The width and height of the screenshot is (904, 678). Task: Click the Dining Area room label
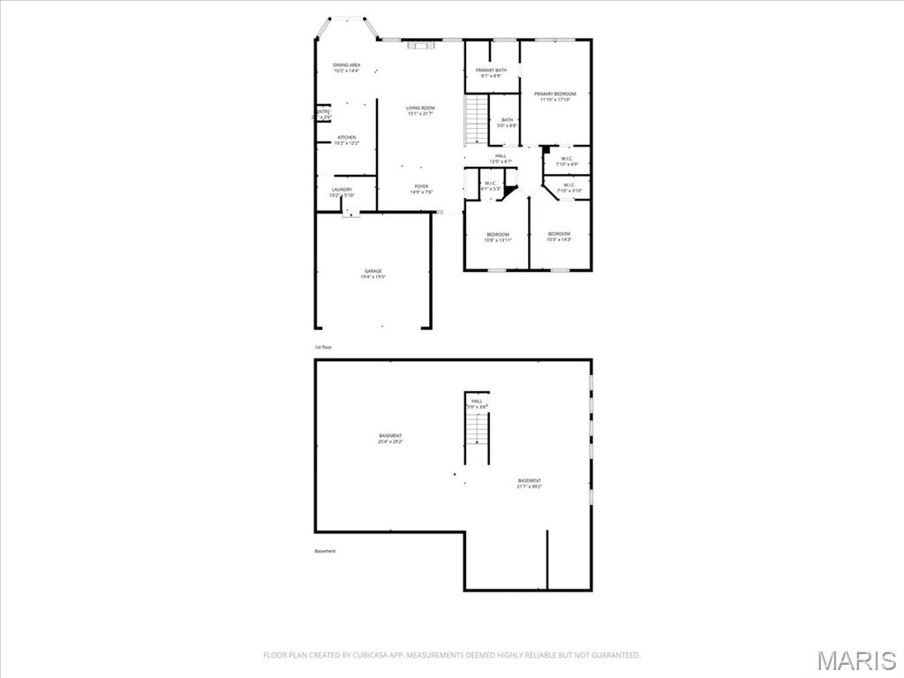pyautogui.click(x=346, y=68)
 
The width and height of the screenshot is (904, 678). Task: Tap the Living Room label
pyautogui.click(x=420, y=110)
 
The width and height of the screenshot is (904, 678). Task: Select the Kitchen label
pyautogui.click(x=346, y=139)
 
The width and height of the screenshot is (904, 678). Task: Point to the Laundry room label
pyautogui.click(x=343, y=192)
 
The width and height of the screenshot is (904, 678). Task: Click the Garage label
pyautogui.click(x=373, y=274)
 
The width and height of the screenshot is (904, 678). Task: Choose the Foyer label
pyautogui.click(x=421, y=188)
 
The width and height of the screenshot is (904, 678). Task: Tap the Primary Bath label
pyautogui.click(x=491, y=72)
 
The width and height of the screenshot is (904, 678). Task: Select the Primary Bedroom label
pyautogui.click(x=554, y=96)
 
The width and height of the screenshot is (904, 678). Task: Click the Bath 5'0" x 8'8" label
pyautogui.click(x=507, y=123)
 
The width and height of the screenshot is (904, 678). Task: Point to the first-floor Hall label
pyautogui.click(x=501, y=158)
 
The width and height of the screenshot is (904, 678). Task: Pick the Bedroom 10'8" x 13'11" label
pyautogui.click(x=497, y=237)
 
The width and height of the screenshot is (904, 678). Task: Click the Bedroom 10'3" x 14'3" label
pyautogui.click(x=559, y=236)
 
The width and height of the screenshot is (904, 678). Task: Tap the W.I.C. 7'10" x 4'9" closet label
pyautogui.click(x=567, y=162)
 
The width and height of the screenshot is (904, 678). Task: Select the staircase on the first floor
pyautogui.click(x=477, y=120)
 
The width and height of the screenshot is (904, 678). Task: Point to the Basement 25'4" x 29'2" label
pyautogui.click(x=390, y=438)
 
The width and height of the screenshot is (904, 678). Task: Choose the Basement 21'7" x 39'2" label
pyautogui.click(x=530, y=483)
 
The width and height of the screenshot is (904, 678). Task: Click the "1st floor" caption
pyautogui.click(x=323, y=347)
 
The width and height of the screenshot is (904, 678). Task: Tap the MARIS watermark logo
pyautogui.click(x=855, y=659)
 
